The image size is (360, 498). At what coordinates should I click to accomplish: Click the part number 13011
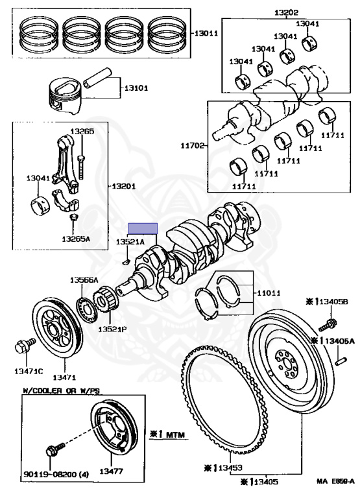(206, 33)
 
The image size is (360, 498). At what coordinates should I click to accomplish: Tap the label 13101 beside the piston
(136, 88)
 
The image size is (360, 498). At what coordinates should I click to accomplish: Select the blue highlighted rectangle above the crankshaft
(143, 228)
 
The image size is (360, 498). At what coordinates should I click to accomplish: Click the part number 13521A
(130, 242)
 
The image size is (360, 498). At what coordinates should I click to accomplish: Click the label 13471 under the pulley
(64, 377)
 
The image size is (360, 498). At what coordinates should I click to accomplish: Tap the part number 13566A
(84, 280)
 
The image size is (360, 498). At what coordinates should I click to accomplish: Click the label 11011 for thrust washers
(269, 292)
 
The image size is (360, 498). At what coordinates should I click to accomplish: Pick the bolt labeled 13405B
(326, 325)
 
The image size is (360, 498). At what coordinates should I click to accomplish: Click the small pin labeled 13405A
(341, 361)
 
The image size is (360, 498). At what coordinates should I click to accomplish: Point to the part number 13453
(230, 468)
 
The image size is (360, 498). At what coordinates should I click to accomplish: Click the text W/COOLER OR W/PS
(61, 390)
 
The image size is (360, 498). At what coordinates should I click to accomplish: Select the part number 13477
(111, 471)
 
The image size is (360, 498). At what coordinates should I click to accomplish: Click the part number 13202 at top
(286, 13)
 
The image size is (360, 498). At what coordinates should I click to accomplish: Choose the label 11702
(193, 146)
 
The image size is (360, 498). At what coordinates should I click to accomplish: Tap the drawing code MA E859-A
(335, 481)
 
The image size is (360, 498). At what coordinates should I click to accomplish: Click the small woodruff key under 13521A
(125, 262)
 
